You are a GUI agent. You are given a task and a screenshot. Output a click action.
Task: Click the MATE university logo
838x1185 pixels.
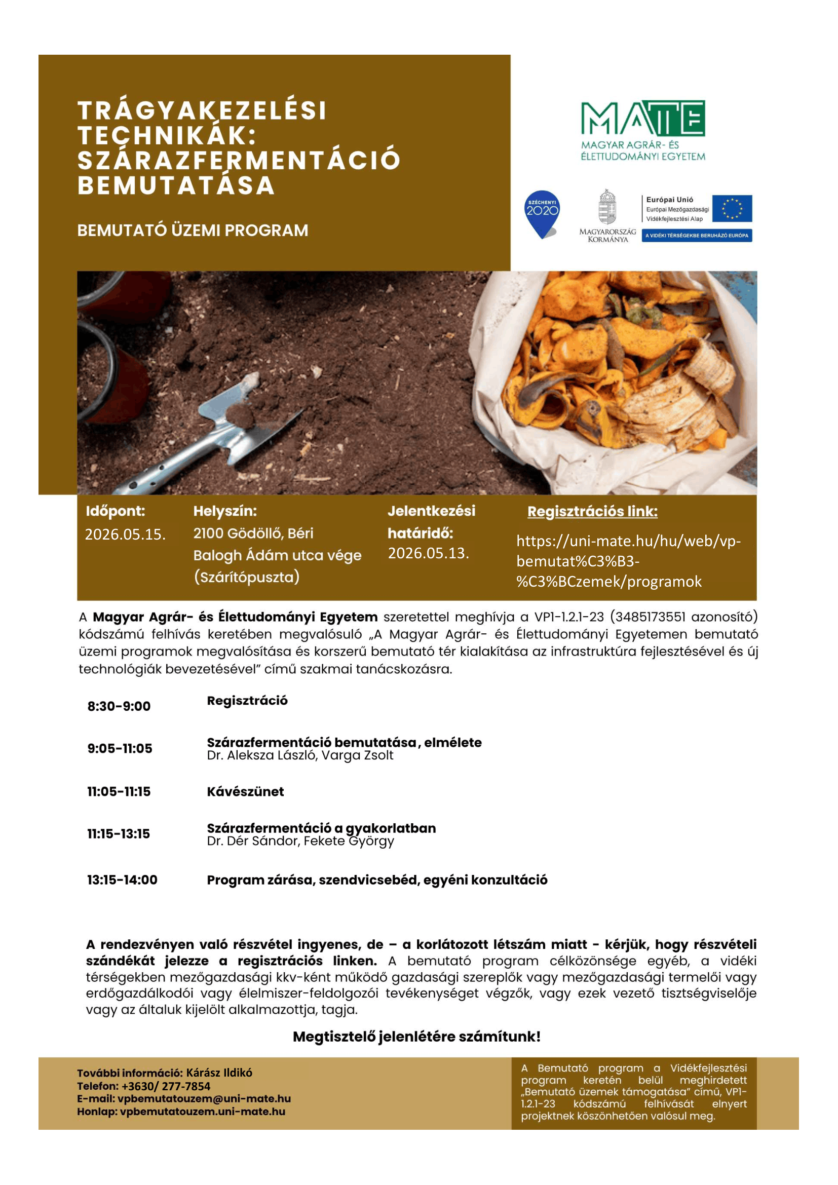642,130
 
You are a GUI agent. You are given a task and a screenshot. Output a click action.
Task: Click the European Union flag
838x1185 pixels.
732,209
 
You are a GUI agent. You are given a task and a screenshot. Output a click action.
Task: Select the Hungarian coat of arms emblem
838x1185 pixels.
607,208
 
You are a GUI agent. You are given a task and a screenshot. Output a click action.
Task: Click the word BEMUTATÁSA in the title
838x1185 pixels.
176,186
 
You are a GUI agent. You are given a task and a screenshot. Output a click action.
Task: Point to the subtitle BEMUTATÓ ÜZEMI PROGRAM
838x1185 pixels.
193,230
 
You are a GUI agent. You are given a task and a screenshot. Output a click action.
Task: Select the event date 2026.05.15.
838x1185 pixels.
125,534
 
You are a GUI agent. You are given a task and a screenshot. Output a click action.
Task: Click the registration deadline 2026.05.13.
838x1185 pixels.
428,553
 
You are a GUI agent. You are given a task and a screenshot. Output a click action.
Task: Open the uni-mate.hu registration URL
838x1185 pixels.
628,561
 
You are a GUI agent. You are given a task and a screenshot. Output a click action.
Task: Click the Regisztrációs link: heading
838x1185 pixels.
592,512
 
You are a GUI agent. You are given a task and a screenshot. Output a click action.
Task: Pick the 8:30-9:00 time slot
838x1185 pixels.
119,706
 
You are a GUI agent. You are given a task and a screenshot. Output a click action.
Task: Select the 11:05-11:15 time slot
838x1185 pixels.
119,792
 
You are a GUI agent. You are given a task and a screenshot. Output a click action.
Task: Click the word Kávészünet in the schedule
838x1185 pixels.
245,792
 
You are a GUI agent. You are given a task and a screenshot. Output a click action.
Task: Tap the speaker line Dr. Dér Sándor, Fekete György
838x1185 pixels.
300,842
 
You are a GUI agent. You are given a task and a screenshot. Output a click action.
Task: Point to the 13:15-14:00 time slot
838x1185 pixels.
122,880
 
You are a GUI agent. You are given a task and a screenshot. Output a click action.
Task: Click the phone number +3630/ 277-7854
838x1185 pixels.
166,1086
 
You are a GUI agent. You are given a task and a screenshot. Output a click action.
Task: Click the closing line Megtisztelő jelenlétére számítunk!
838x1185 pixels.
416,1037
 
